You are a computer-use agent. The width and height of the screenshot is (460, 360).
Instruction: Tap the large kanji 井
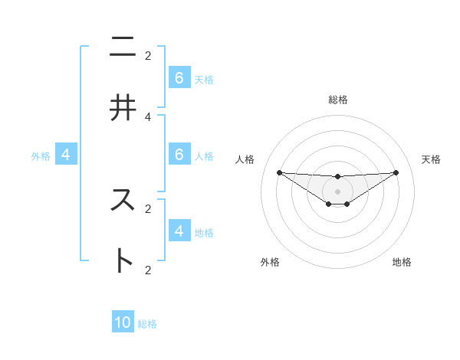pos(123,108)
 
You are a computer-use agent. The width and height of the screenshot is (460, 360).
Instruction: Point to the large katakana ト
pos(123,260)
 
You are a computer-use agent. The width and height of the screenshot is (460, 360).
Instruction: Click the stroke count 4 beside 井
pos(148,116)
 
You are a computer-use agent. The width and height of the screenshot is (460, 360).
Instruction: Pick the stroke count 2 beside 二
pos(148,55)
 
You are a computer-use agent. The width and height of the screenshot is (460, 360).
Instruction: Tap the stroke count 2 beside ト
pos(148,269)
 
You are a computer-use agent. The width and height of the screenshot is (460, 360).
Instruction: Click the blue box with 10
pos(123,322)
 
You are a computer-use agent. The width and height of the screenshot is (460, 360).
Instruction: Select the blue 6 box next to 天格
pos(179,78)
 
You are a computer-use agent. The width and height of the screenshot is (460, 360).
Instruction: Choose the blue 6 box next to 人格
pos(179,154)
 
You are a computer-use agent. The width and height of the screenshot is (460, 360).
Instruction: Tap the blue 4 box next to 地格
pos(179,231)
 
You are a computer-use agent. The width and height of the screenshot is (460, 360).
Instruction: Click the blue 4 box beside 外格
pos(66,155)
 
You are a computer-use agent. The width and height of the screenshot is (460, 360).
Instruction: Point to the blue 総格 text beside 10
pos(147,324)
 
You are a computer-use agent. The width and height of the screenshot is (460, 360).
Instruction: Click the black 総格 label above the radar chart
pos(337,100)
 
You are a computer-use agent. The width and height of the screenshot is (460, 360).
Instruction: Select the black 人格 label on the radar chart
pos(246,159)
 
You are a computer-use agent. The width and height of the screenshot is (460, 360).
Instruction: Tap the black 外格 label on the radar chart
pos(270,262)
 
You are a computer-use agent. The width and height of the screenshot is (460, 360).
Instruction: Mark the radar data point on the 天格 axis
pos(396,172)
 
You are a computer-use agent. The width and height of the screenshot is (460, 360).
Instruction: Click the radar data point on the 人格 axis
pos(279,172)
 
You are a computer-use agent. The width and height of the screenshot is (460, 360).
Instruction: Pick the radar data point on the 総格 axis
pos(337,177)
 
